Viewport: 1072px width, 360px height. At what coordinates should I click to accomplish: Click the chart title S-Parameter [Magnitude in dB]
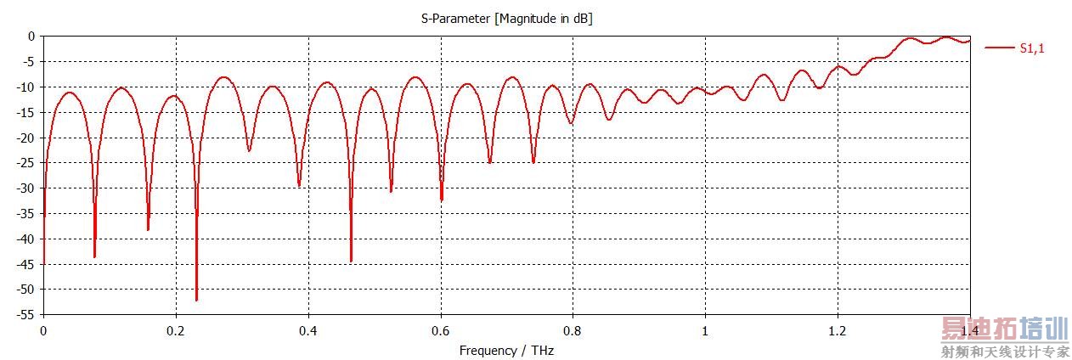pyautogui.click(x=506, y=19)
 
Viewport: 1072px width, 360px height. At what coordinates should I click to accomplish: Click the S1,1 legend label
pyautogui.click(x=1032, y=48)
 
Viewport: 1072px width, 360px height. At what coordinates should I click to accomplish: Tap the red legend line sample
pyautogui.click(x=999, y=48)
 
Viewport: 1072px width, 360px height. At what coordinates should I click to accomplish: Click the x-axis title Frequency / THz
pyautogui.click(x=506, y=350)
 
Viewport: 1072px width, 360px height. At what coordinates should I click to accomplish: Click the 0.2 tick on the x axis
pyautogui.click(x=176, y=330)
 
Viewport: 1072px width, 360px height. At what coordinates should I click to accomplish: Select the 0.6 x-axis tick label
pyautogui.click(x=440, y=330)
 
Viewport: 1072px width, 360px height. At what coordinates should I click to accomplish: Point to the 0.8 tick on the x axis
pyautogui.click(x=573, y=330)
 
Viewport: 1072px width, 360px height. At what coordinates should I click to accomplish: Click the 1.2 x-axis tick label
pyautogui.click(x=837, y=330)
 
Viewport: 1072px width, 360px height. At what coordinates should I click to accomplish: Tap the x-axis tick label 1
pyautogui.click(x=705, y=330)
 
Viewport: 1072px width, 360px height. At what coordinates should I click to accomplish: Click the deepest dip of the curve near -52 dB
pyautogui.click(x=196, y=300)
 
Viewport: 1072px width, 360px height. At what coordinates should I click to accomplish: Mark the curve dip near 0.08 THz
pyautogui.click(x=94, y=256)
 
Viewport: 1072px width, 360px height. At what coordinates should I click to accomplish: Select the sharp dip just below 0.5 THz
pyautogui.click(x=351, y=261)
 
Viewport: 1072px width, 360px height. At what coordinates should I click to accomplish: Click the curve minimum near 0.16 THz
pyautogui.click(x=148, y=229)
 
